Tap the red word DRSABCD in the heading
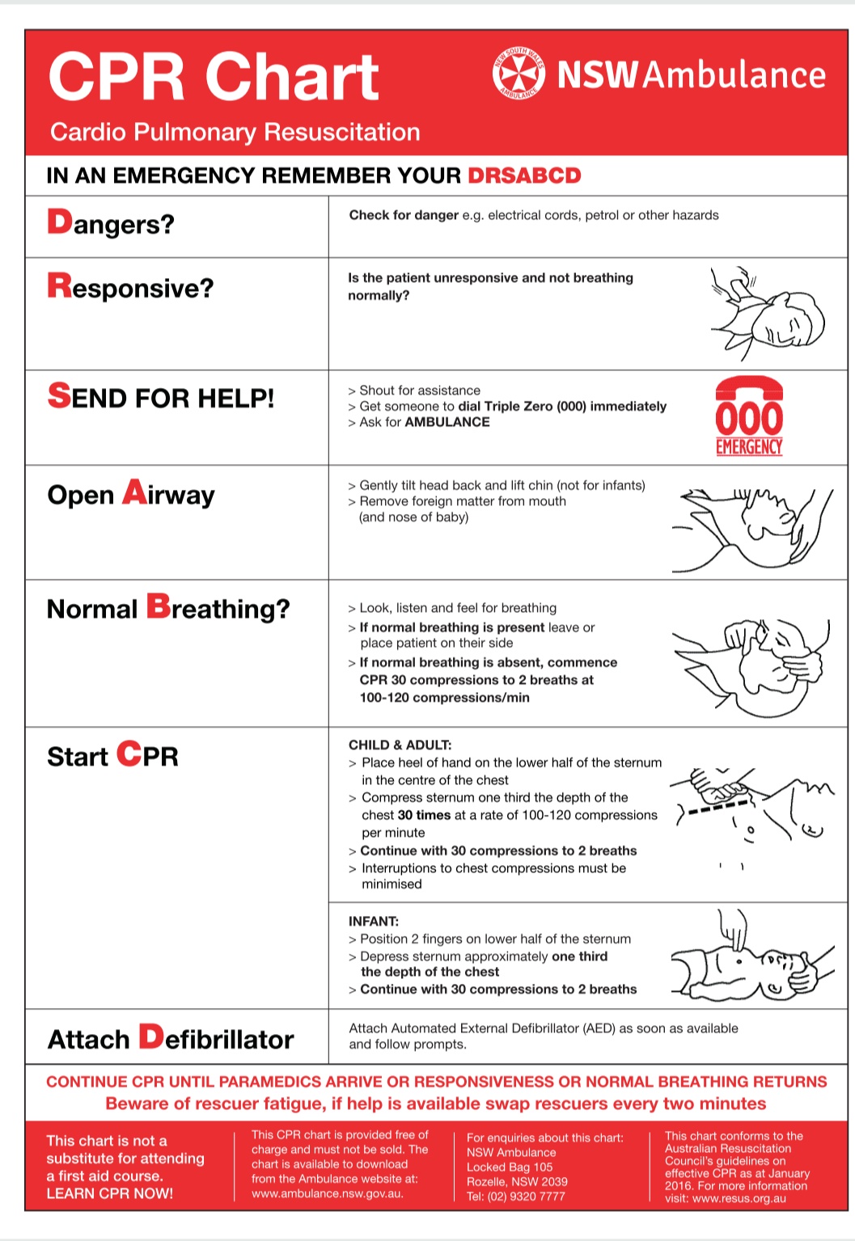pyautogui.click(x=524, y=175)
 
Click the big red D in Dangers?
pyautogui.click(x=60, y=222)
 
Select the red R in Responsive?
pyautogui.click(x=59, y=285)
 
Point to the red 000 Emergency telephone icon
pyautogui.click(x=749, y=416)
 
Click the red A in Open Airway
pyautogui.click(x=134, y=492)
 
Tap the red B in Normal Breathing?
pyautogui.click(x=159, y=606)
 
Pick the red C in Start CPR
pyautogui.click(x=129, y=753)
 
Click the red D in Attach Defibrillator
pyautogui.click(x=151, y=1036)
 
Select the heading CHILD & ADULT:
pyautogui.click(x=400, y=745)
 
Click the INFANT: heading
pyautogui.click(x=374, y=921)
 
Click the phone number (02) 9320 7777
pyautogui.click(x=526, y=1196)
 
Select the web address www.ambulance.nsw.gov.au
pyautogui.click(x=327, y=1193)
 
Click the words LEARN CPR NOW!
pyautogui.click(x=109, y=1193)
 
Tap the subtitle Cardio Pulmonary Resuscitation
pyautogui.click(x=235, y=132)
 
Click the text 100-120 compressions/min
pyautogui.click(x=445, y=698)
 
